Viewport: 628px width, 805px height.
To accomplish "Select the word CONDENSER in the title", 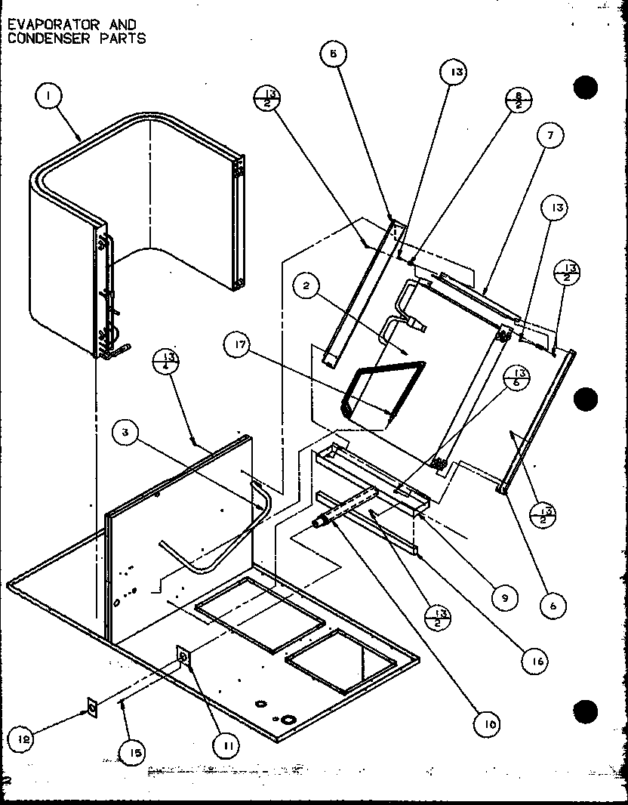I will click(42, 37).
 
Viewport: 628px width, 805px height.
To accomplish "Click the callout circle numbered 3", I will click(127, 433).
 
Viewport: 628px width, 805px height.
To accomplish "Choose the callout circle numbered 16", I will click(534, 659).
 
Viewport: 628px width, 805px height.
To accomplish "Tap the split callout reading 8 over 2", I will click(519, 100).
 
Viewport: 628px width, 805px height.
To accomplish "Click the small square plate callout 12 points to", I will click(92, 708).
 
